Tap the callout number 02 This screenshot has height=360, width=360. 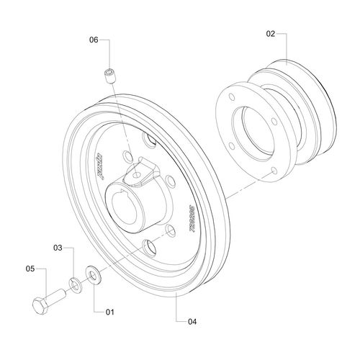[270, 33]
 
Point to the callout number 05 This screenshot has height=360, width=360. [30, 269]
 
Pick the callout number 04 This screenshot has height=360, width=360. [191, 321]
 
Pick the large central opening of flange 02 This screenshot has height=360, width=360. [259, 131]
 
